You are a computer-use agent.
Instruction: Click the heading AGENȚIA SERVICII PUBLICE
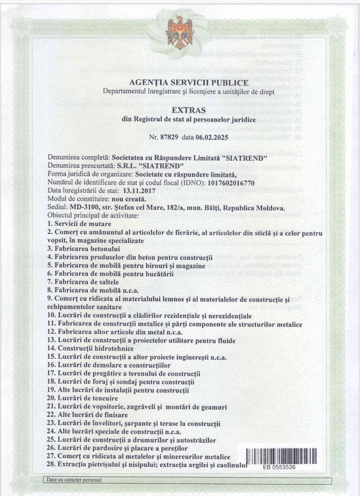[x=188, y=83]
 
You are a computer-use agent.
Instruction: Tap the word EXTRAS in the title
[x=188, y=110]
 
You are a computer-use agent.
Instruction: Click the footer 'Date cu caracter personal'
[x=72, y=479]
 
